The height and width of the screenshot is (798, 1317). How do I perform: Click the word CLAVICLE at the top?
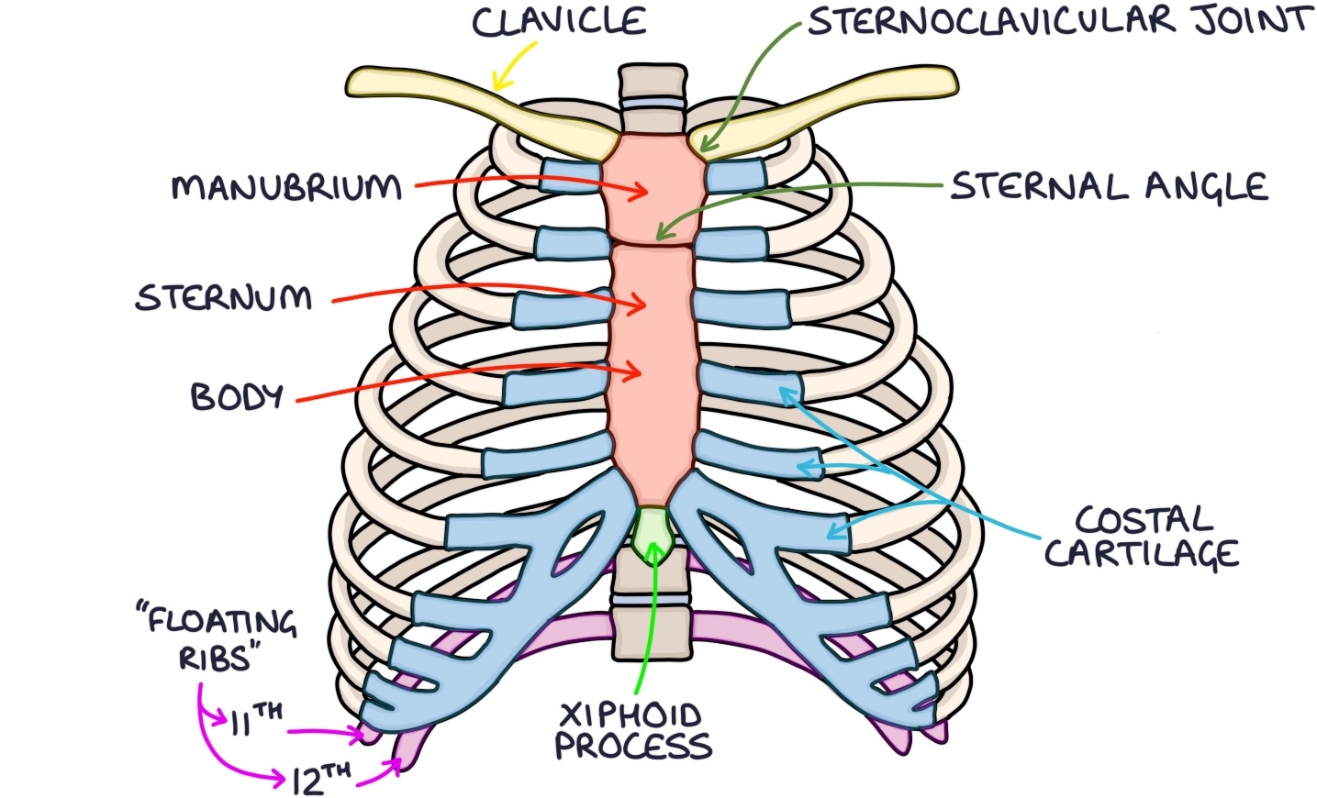point(559,22)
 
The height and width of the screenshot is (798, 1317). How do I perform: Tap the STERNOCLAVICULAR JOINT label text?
point(1059,21)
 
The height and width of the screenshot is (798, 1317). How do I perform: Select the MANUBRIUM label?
point(287,187)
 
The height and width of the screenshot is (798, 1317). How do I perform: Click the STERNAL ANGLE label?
point(1109,187)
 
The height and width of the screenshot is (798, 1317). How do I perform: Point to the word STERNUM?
point(224,298)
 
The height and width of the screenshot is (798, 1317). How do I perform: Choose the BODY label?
point(237,396)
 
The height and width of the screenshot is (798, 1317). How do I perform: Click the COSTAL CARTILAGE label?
point(1143,538)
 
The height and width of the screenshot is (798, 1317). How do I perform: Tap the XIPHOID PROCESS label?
point(633,731)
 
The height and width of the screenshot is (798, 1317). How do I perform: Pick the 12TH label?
point(321,779)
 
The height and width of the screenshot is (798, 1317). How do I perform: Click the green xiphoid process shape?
point(653,531)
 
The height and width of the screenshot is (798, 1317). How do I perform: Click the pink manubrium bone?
point(653,188)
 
